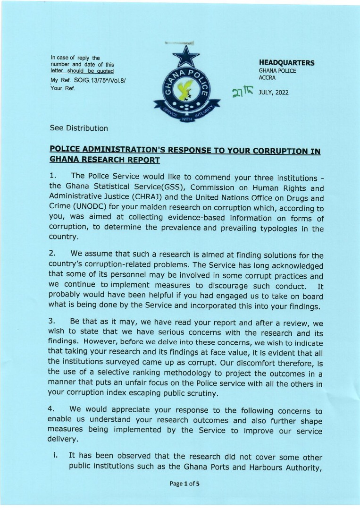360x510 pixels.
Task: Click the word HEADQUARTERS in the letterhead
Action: point(286,63)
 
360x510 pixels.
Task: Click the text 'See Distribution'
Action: point(79,128)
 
